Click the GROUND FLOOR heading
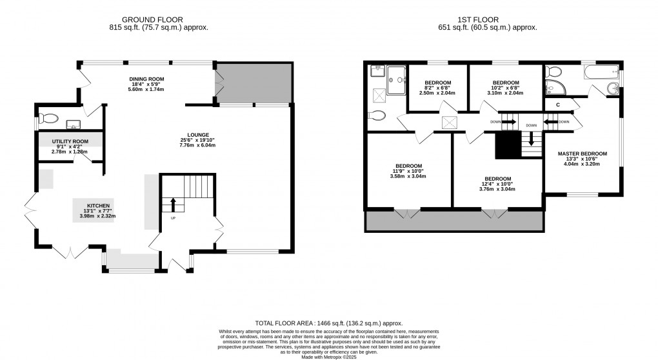[x=152, y=20]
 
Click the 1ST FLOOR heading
[x=478, y=20]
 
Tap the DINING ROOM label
[x=146, y=79]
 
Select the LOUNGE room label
[x=198, y=135]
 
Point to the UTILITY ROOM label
[x=70, y=141]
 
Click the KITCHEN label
[x=98, y=206]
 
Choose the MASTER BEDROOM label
[x=582, y=154]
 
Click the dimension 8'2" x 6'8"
[x=437, y=88]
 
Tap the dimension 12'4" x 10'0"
[x=497, y=184]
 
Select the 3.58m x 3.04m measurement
[x=408, y=176]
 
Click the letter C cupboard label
[x=558, y=105]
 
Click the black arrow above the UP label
[x=173, y=205]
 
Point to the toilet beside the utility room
[x=48, y=118]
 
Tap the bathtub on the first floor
[x=601, y=72]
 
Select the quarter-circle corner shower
[x=555, y=88]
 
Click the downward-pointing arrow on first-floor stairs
[x=532, y=139]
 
